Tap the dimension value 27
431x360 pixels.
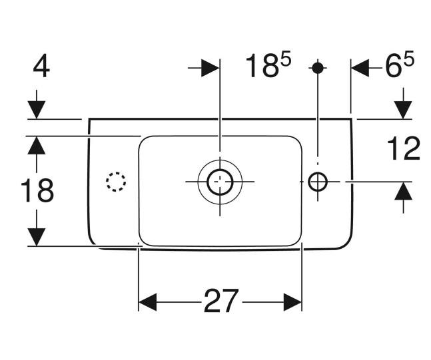coord(220,302)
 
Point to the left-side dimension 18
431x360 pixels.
coord(37,192)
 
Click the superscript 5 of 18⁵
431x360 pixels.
coord(285,60)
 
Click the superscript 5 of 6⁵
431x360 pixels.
coord(408,60)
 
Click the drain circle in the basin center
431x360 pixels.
coord(218,181)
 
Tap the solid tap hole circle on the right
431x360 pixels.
coord(318,181)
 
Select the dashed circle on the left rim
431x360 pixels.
coord(116,181)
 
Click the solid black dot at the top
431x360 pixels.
coord(318,68)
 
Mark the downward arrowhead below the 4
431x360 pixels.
coord(37,108)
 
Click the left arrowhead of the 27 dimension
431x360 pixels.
coord(149,302)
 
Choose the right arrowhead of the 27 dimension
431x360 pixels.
coord(292,302)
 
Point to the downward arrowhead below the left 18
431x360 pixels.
coord(37,236)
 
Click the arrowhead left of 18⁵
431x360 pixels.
coord(209,67)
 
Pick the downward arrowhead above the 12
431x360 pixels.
coord(403,108)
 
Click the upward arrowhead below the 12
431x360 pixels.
coord(403,192)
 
